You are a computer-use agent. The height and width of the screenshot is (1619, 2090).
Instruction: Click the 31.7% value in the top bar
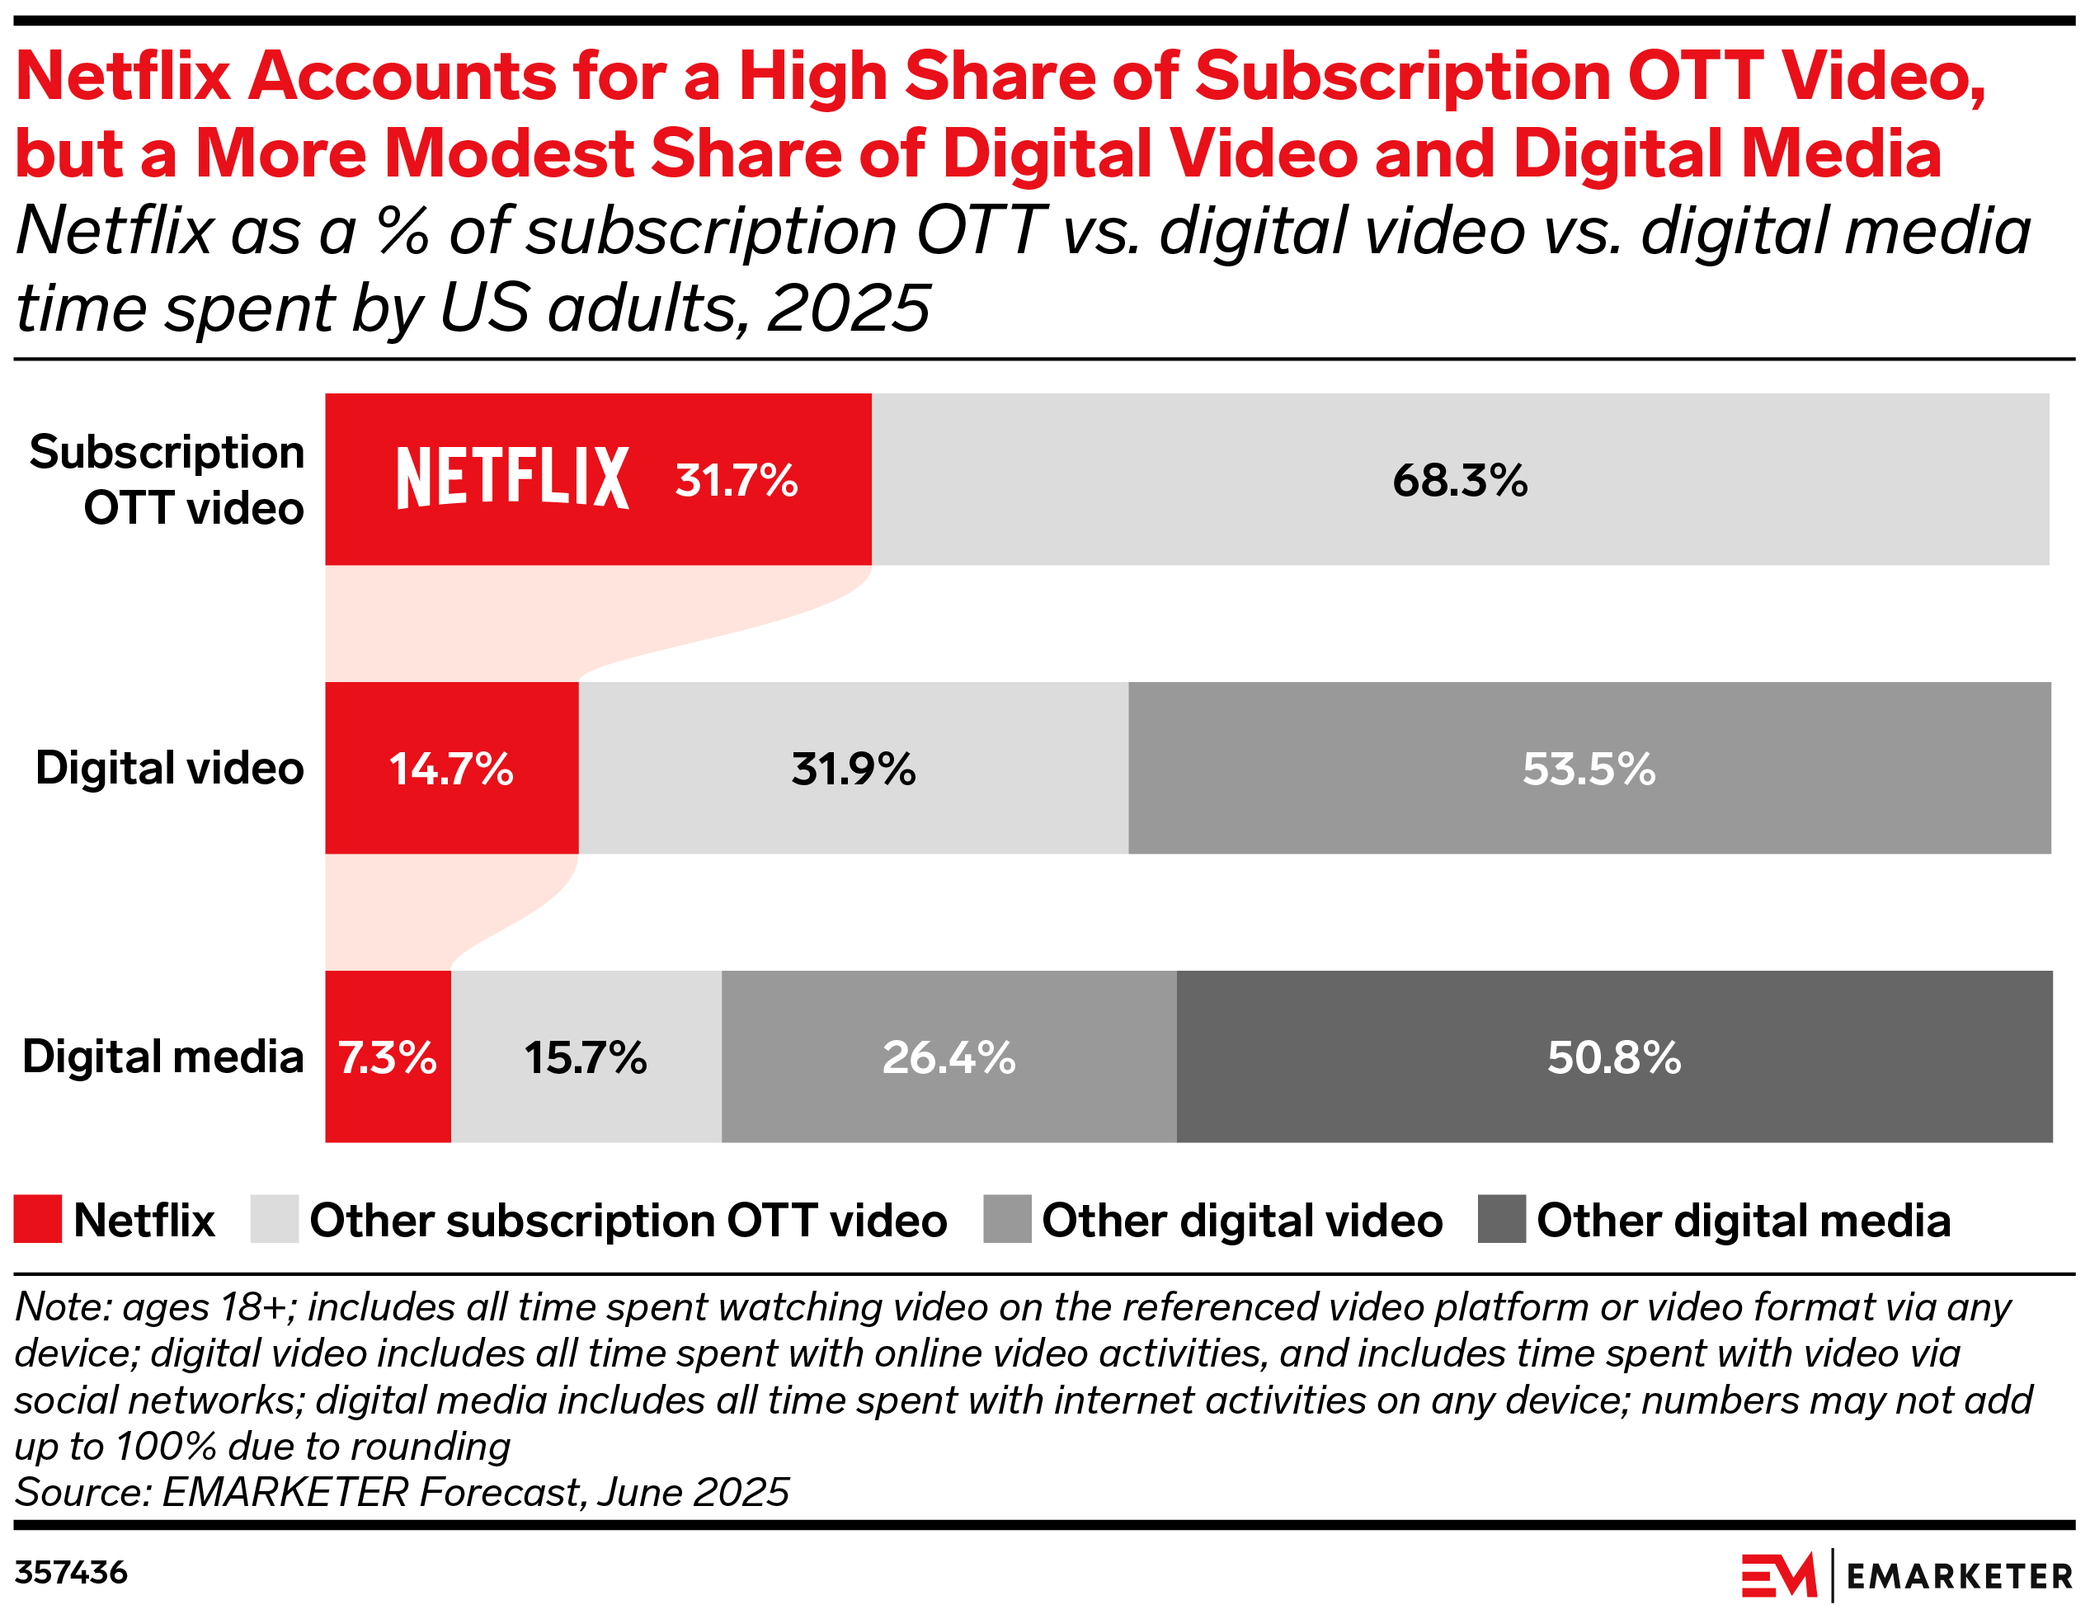(x=736, y=480)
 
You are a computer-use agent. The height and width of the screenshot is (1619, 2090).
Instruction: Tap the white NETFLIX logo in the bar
(x=512, y=478)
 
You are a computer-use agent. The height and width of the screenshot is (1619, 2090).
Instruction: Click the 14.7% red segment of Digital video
(x=452, y=769)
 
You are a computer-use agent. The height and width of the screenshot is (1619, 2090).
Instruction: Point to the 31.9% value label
(x=853, y=769)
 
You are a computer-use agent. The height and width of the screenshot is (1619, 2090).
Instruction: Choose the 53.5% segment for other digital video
(x=1589, y=769)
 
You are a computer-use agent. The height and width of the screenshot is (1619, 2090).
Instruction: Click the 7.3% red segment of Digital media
(x=388, y=1057)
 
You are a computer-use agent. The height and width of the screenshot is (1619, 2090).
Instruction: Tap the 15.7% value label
(x=586, y=1057)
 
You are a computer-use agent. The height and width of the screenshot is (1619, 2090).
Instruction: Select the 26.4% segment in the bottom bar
(x=949, y=1057)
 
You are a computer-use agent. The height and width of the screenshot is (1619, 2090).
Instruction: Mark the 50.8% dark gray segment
(x=1613, y=1057)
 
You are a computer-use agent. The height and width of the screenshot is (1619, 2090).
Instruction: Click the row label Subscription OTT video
(x=167, y=479)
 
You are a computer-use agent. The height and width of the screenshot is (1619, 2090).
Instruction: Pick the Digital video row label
(x=169, y=769)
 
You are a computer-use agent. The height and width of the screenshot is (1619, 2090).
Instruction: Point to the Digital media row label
(x=162, y=1057)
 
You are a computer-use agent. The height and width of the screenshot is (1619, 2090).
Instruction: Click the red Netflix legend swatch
(x=38, y=1219)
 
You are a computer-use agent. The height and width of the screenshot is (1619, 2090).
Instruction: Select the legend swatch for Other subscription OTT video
(x=275, y=1219)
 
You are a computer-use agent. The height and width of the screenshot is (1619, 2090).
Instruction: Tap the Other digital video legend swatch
(x=1007, y=1219)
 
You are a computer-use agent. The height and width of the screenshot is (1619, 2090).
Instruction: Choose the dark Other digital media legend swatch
(x=1501, y=1219)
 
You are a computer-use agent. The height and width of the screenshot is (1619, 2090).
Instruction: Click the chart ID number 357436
(x=71, y=1572)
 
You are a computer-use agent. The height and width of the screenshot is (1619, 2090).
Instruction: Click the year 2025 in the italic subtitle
(x=848, y=309)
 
